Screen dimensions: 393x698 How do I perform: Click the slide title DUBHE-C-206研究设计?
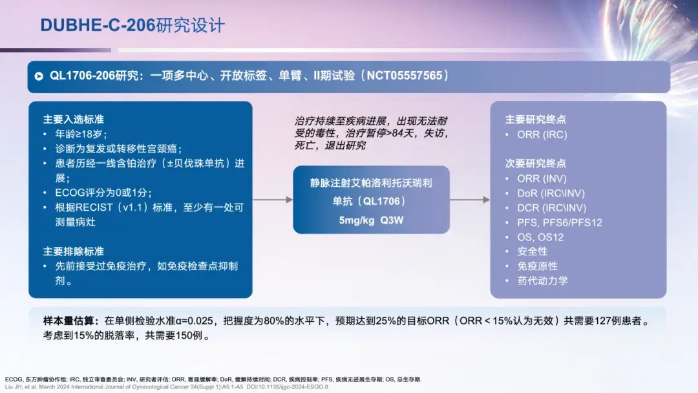pos(132,25)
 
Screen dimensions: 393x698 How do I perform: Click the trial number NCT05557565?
pos(405,76)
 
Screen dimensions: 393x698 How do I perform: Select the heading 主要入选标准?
pos(73,120)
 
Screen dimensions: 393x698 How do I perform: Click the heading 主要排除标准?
pos(73,251)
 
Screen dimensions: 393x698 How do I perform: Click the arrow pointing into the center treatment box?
pos(272,200)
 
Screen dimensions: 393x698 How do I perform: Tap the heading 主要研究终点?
pos(535,120)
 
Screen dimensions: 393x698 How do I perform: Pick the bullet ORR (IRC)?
pos(542,134)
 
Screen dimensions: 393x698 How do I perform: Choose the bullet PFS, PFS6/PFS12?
pos(559,222)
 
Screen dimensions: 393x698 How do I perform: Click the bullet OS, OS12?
pos(540,237)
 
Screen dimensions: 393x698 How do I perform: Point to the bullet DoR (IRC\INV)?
pos(551,193)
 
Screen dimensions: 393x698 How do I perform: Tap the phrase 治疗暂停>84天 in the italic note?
pos(381,133)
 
